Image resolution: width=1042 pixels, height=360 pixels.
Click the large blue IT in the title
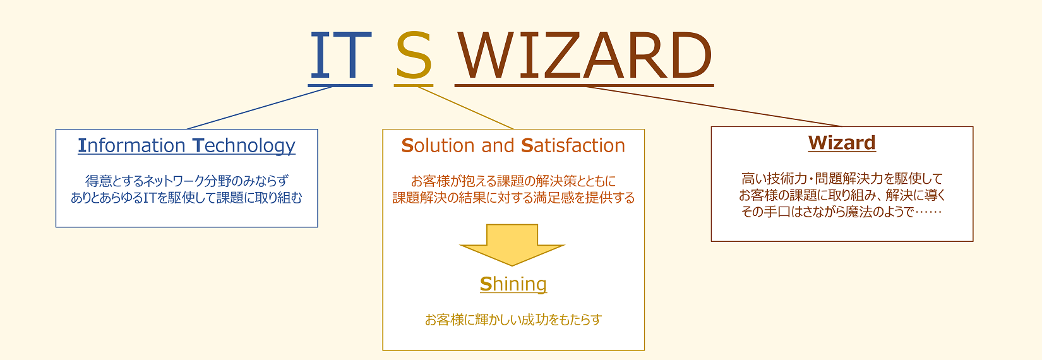tap(340, 56)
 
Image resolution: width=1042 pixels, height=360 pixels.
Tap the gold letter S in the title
tap(414, 56)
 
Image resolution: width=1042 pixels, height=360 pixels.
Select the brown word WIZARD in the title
tap(584, 56)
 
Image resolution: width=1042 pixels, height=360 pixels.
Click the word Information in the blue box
tap(131, 146)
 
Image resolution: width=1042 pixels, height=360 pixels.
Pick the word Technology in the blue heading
tap(244, 146)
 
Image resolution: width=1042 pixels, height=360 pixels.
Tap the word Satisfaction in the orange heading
tap(573, 146)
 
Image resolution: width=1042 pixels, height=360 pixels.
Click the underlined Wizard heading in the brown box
tap(842, 143)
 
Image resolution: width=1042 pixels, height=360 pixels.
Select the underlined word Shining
tap(513, 284)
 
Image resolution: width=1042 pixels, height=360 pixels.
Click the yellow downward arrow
tap(512, 245)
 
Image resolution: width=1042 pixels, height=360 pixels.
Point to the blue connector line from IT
tap(260, 108)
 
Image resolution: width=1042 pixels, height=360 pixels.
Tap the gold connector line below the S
tap(465, 108)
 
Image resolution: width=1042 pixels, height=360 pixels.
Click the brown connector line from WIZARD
tap(714, 107)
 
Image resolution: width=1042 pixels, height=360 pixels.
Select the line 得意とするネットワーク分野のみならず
tap(186, 181)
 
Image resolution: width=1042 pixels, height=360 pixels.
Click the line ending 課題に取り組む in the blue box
tap(186, 198)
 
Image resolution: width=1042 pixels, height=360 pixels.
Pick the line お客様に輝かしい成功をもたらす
tap(513, 320)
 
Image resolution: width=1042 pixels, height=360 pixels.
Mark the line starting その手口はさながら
tap(842, 212)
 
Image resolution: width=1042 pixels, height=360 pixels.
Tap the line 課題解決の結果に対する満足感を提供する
tap(513, 198)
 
